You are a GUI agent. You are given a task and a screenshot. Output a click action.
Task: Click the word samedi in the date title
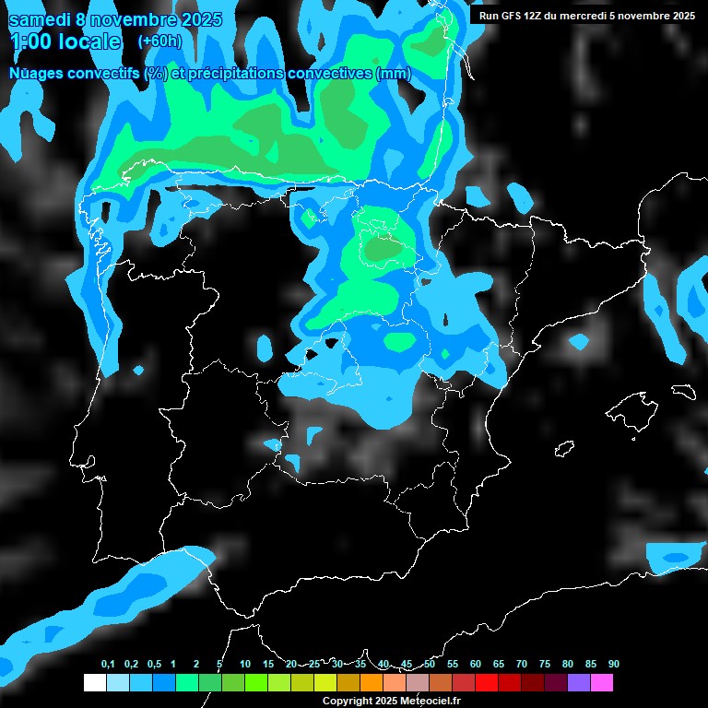[41, 19]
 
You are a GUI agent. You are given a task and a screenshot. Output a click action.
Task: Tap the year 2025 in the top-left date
[196, 19]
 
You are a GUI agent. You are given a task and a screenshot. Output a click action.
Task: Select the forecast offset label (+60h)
[159, 41]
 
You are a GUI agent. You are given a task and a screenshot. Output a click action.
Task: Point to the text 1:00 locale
[65, 41]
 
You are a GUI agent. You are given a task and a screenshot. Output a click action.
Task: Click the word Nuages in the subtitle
[36, 73]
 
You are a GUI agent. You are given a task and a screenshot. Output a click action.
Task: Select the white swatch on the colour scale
[95, 683]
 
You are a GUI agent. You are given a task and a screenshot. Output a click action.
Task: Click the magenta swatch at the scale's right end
[602, 683]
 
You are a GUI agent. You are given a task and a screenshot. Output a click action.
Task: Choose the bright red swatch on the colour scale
[487, 683]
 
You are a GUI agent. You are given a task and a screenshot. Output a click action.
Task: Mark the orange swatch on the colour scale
[372, 683]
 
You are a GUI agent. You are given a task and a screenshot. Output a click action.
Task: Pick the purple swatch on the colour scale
[579, 683]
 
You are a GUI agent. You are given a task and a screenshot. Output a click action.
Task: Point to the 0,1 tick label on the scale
[108, 665]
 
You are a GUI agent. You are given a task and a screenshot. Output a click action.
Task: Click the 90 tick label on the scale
[613, 665]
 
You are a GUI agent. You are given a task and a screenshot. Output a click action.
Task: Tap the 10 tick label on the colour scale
[245, 665]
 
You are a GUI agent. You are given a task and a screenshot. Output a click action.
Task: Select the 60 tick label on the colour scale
[476, 665]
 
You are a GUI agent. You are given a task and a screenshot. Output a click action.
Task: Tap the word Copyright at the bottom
[348, 701]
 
